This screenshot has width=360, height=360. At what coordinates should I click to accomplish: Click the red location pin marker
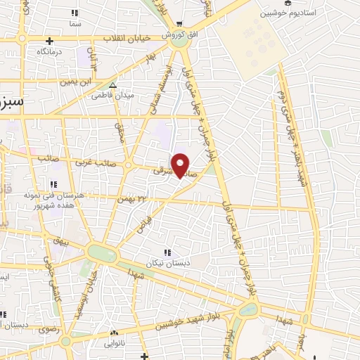coord(181,165)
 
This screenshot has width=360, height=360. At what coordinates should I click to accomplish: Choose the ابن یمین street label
coord(75,82)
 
